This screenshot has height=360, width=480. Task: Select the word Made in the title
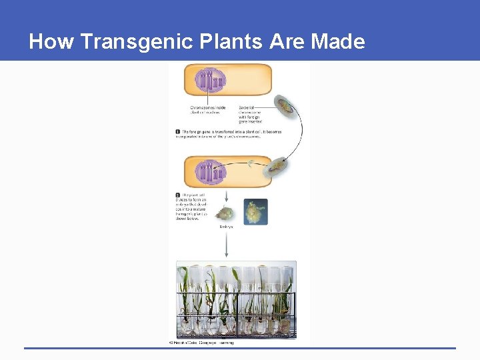click(x=338, y=42)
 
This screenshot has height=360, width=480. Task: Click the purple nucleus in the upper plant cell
click(x=211, y=81)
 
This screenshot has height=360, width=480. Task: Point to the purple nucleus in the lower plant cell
click(x=211, y=173)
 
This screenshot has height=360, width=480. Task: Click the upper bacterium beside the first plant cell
click(x=286, y=106)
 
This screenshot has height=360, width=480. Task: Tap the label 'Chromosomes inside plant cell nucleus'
click(x=207, y=109)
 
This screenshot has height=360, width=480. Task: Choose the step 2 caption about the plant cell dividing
click(x=193, y=207)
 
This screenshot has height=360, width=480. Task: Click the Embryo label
click(x=227, y=227)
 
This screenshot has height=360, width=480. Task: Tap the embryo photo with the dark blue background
click(x=255, y=211)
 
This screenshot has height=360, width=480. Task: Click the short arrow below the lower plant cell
click(x=228, y=195)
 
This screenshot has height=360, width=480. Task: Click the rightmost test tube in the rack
click(x=285, y=300)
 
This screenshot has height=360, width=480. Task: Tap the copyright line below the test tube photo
click(x=200, y=342)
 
